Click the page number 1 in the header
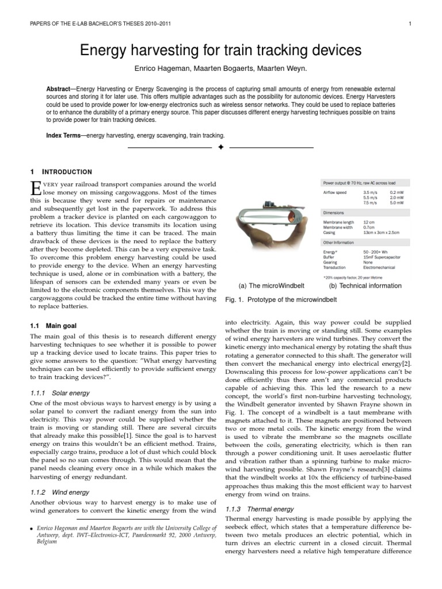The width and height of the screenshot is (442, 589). click(x=409, y=24)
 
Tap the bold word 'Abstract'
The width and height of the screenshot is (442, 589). click(x=59, y=90)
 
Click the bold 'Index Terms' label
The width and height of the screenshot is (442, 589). click(x=63, y=136)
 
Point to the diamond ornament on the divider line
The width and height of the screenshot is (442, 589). click(x=220, y=148)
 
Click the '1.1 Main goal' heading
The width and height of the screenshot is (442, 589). click(x=53, y=326)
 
